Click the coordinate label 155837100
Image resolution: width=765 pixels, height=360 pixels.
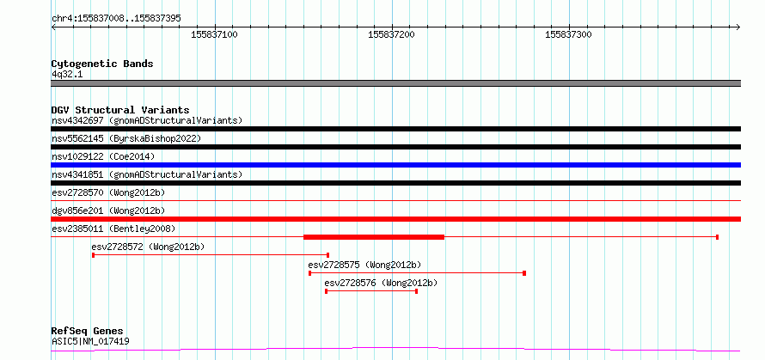215,34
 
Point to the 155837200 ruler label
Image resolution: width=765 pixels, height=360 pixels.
391,34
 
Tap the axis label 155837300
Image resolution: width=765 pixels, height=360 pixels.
568,34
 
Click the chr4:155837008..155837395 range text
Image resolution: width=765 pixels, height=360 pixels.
116,18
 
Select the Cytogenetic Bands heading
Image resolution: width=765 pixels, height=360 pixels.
102,64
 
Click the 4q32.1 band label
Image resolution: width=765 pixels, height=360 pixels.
67,74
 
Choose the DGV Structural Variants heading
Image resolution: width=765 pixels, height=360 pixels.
120,110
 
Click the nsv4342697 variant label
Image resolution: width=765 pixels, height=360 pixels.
77,120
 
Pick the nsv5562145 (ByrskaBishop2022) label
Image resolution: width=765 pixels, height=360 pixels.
126,138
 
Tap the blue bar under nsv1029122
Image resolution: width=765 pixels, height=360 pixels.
395,165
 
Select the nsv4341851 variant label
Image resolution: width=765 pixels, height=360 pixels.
77,174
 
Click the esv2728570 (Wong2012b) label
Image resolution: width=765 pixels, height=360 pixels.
108,192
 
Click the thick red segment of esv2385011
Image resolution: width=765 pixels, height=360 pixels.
374,237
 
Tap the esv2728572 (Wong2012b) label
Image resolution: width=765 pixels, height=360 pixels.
149,247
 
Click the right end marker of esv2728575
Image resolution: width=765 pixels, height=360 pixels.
524,273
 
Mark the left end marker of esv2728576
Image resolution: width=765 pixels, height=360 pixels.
326,291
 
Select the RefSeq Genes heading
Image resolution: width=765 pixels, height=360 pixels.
88,332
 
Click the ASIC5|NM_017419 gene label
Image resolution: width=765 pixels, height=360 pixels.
91,341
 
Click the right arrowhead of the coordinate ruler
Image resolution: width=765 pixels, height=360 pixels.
738,27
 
